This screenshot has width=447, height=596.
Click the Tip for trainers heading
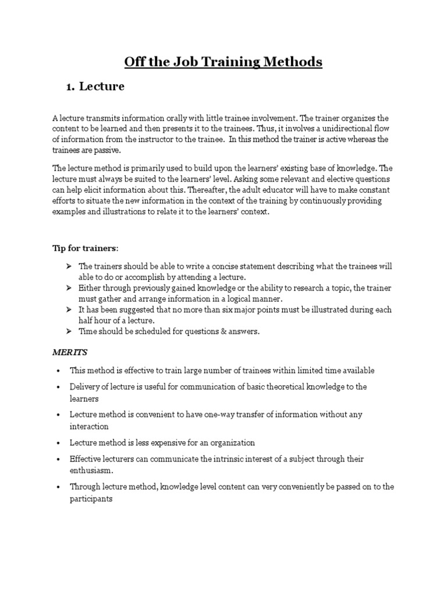point(86,248)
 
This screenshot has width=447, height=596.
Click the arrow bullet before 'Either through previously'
point(68,288)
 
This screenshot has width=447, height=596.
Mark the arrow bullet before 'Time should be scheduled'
point(68,331)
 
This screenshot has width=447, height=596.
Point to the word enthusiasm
point(91,470)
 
